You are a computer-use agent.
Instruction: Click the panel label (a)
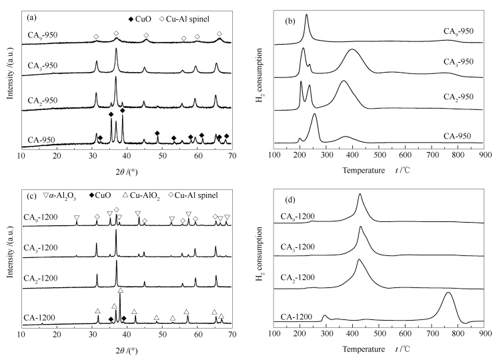point(31,13)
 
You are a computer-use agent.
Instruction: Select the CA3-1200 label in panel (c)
point(42,247)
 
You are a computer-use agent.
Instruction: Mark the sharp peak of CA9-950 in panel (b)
point(306,15)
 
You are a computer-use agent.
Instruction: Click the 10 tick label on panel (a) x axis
point(21,155)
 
